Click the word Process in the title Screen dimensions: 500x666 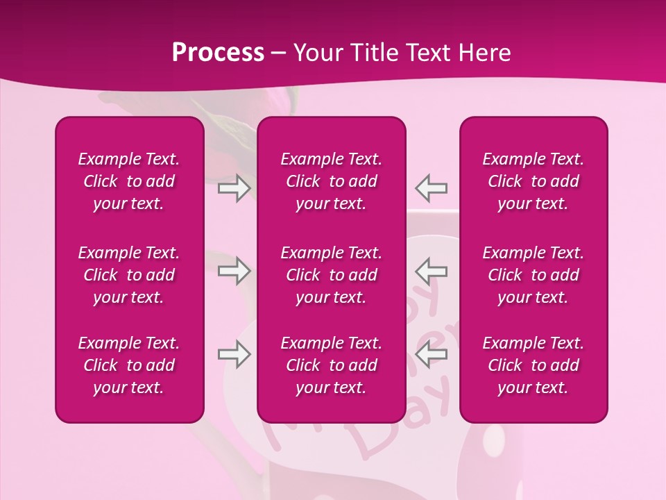(218, 53)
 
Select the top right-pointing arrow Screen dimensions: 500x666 (234, 188)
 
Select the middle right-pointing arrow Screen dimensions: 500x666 (234, 271)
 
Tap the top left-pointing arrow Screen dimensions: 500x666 (432, 187)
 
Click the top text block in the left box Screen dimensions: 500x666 (129, 181)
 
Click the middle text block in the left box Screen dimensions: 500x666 (129, 275)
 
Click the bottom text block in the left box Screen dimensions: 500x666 (129, 365)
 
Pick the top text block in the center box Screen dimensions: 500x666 (332, 181)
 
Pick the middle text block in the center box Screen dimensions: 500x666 (332, 275)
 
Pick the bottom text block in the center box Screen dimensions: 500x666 (332, 365)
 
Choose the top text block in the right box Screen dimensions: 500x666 (533, 181)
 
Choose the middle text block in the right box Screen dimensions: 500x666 (533, 275)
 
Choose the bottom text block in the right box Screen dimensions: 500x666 (533, 365)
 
